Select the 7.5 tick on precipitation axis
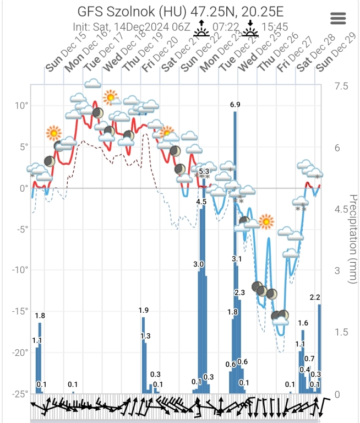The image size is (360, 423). pos(341,86)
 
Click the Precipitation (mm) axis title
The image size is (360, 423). pos(353,239)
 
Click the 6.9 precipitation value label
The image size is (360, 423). pos(235,105)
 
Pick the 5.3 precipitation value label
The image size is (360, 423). pos(204,171)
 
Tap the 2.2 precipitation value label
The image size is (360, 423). pos(315,297)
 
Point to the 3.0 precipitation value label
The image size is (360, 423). pos(199,264)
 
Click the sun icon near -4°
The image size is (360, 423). pos(266,221)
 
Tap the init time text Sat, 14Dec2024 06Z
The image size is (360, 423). pos(132,26)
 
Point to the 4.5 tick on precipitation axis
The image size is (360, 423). pos(341,210)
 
